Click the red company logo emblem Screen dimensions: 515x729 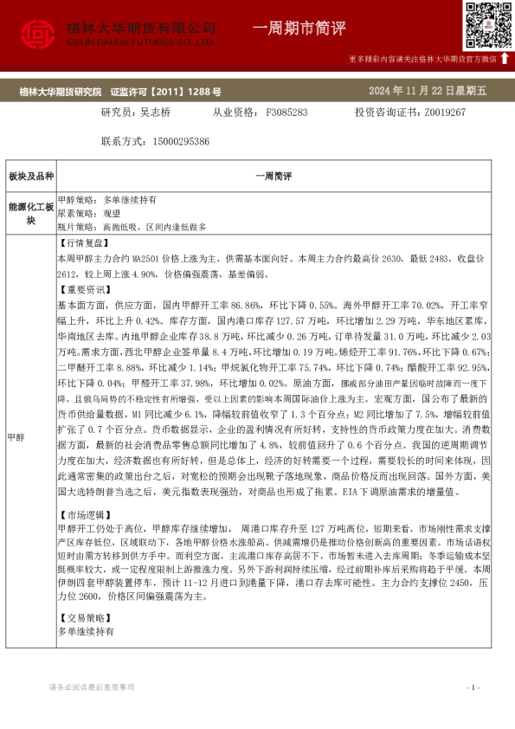point(37,33)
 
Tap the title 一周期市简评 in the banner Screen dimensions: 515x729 point(299,29)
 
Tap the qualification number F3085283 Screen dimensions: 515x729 point(286,112)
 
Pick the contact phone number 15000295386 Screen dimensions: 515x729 point(180,140)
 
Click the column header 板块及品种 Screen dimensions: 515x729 point(31,177)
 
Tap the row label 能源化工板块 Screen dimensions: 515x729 point(31,213)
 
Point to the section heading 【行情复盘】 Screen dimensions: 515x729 point(81,243)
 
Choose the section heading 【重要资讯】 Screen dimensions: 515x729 point(81,290)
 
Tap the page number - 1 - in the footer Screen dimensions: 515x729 point(473,687)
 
